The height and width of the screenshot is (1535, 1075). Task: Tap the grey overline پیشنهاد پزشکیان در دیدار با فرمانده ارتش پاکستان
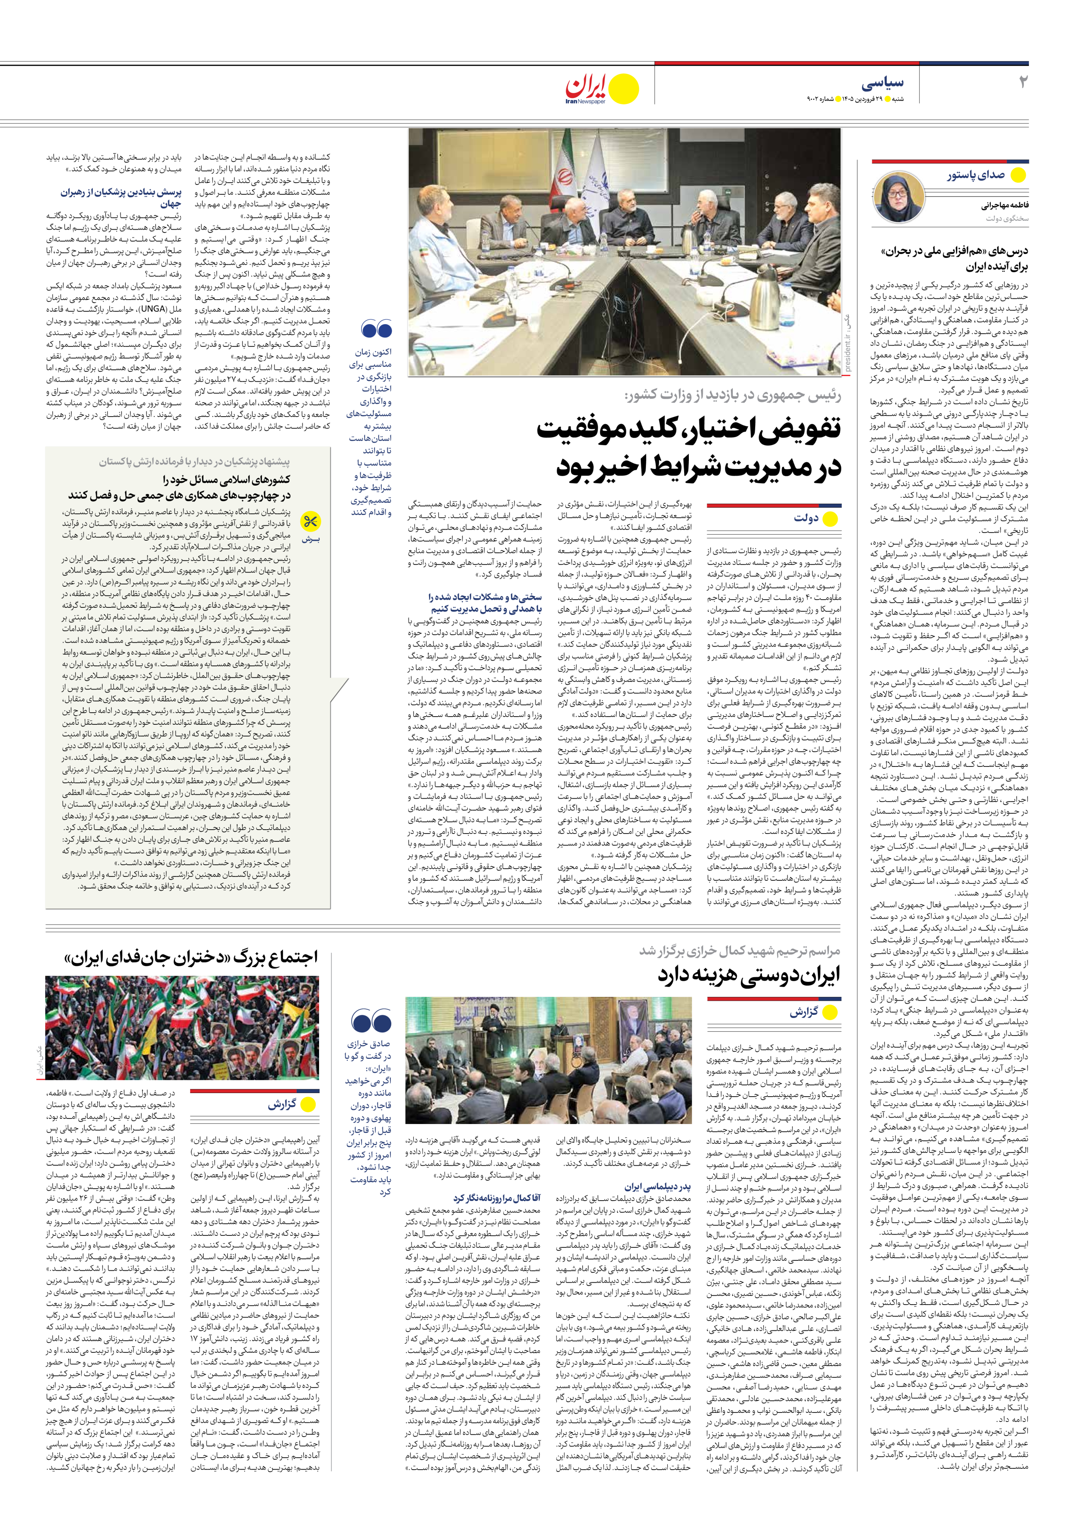[194, 461]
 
